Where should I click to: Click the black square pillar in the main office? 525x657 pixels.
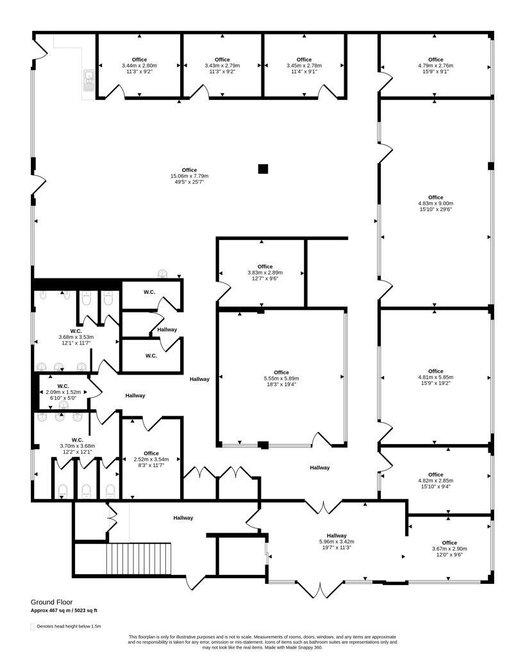(263, 169)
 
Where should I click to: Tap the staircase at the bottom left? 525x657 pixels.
(138, 559)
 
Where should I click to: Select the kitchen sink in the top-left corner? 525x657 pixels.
(88, 80)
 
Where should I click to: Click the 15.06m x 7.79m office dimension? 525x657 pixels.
(189, 176)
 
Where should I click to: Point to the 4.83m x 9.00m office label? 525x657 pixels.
(435, 203)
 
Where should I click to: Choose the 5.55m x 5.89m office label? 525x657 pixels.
(281, 378)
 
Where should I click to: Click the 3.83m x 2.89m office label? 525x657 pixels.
(265, 272)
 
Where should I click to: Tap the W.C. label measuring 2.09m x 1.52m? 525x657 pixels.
(63, 392)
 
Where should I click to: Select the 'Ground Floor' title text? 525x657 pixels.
(51, 602)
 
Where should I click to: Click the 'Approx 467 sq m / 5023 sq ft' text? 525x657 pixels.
(64, 611)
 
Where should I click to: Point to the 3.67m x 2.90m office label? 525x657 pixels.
(449, 549)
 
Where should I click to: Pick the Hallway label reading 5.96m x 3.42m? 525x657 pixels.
(337, 542)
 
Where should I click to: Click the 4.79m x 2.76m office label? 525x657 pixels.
(435, 65)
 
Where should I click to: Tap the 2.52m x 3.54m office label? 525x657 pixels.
(151, 459)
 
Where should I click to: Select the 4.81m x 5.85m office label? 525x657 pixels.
(435, 377)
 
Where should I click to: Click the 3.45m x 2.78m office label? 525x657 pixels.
(304, 65)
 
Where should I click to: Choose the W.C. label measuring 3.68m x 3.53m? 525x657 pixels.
(76, 337)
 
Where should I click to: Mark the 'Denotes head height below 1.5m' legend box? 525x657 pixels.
(32, 627)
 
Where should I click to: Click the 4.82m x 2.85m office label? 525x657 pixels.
(435, 481)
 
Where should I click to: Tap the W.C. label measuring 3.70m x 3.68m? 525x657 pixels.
(77, 446)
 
